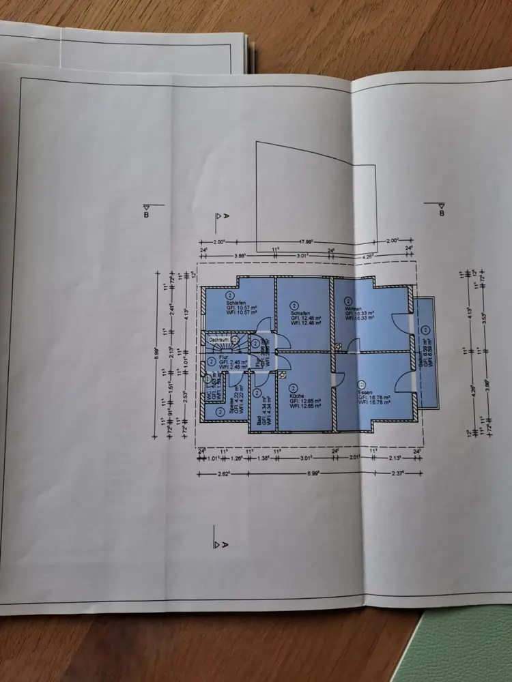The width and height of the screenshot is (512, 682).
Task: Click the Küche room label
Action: click(x=297, y=396)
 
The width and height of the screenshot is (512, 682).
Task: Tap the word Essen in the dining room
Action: click(x=365, y=394)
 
